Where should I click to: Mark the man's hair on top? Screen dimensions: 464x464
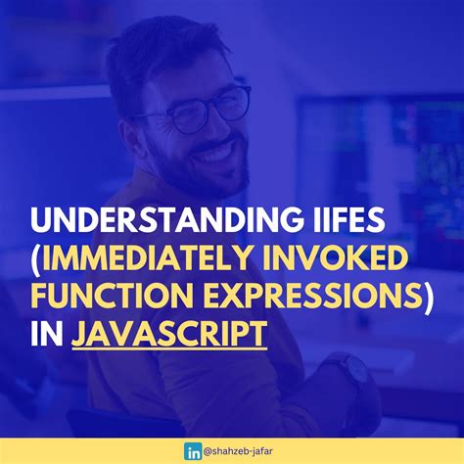pyautogui.click(x=166, y=44)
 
